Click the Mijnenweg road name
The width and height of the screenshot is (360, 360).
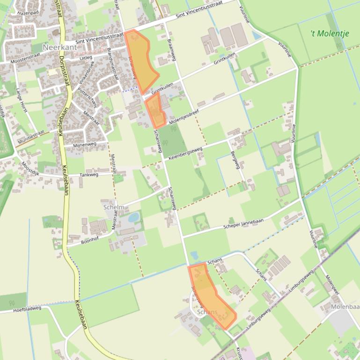[x=85, y=145]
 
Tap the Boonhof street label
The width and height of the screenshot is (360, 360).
[x=90, y=240]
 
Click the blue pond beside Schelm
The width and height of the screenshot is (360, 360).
[x=133, y=217]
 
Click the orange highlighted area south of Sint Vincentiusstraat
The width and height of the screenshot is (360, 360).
[x=140, y=60]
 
